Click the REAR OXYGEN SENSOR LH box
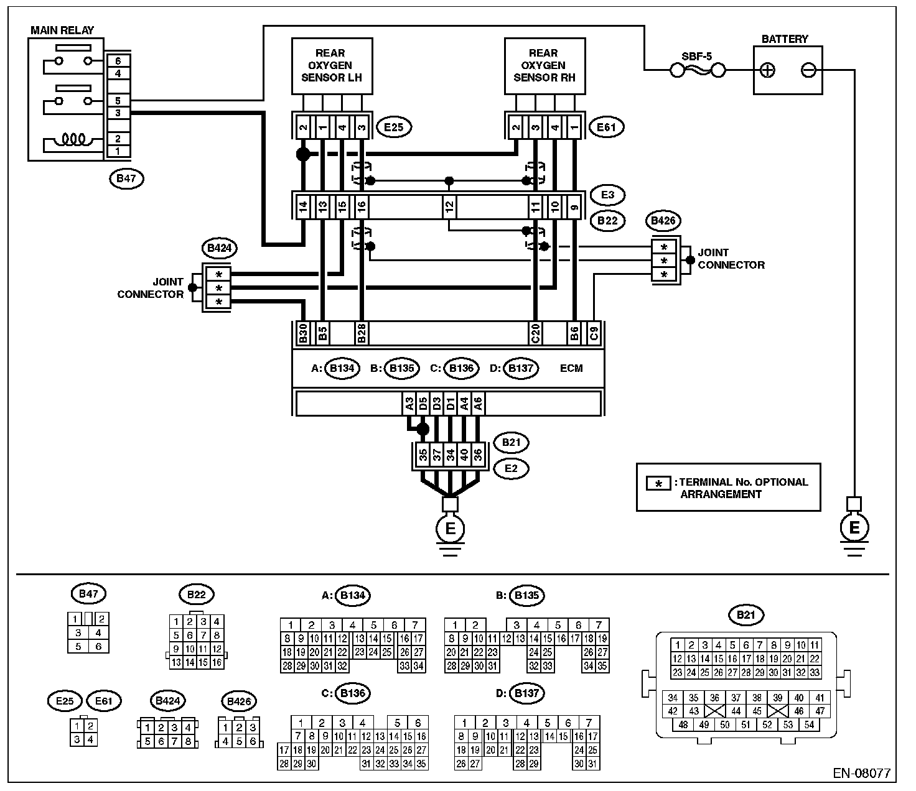point(332,65)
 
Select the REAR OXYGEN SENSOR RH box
point(544,65)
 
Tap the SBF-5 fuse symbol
point(698,71)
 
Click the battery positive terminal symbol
point(768,70)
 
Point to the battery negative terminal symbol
point(808,70)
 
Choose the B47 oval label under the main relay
point(126,179)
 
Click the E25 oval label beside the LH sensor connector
point(394,128)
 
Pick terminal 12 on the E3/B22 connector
point(449,206)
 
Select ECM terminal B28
point(361,334)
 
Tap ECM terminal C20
point(534,334)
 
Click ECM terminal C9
point(594,334)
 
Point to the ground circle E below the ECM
point(450,529)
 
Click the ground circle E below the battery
point(854,527)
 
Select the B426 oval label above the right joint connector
point(663,220)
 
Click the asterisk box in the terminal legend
point(658,483)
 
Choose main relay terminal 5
point(118,100)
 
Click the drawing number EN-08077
point(861,774)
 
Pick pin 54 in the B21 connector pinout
point(809,725)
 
